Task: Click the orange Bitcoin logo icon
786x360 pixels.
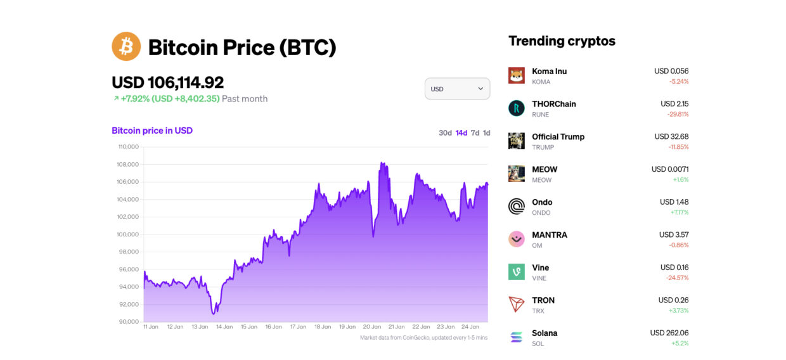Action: pos(126,46)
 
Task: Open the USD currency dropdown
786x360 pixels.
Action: pos(457,89)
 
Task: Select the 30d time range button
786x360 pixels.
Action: pos(445,133)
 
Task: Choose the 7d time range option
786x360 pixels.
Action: pos(475,133)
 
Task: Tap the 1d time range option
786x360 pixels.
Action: pos(486,133)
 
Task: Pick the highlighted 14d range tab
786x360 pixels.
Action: pos(461,133)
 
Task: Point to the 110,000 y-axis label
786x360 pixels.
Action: pos(128,147)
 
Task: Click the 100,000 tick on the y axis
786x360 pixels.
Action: pos(128,235)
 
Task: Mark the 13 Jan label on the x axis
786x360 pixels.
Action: pos(200,327)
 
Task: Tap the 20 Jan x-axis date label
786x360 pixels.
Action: pos(371,327)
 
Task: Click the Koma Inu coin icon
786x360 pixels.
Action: pos(516,75)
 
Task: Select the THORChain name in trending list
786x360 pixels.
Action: pos(553,104)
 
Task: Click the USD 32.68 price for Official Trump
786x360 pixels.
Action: pos(671,136)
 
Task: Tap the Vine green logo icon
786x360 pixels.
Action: pos(516,272)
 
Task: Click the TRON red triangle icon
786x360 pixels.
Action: pos(516,304)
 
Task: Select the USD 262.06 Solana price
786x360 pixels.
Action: pos(669,333)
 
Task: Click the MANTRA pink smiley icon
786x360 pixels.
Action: pos(516,239)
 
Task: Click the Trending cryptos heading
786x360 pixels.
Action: pos(562,41)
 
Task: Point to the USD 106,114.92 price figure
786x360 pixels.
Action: pos(167,82)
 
